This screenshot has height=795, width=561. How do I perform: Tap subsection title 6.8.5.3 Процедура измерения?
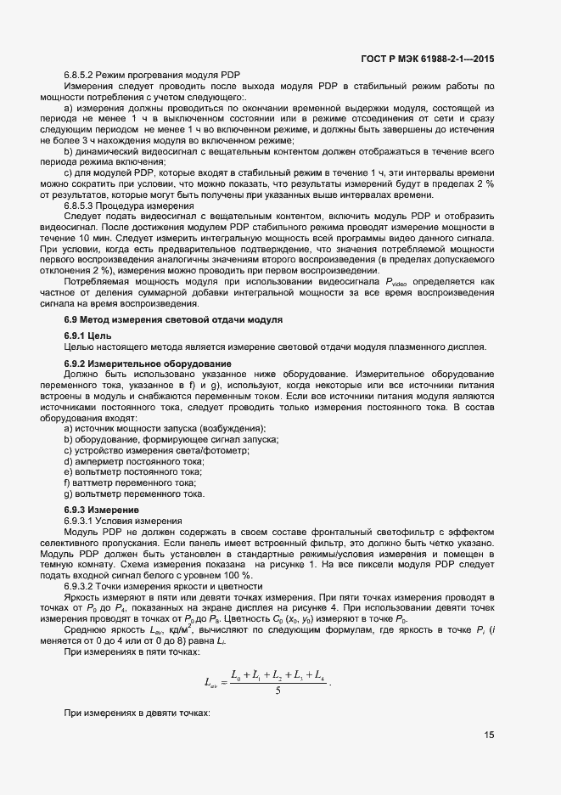point(129,206)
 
